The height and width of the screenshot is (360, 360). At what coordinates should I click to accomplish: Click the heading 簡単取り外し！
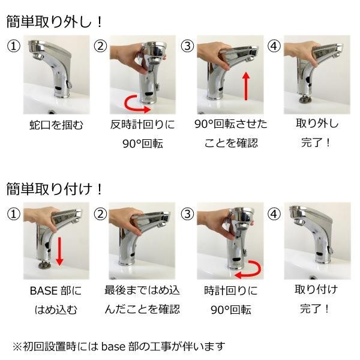pyautogui.click(x=54, y=22)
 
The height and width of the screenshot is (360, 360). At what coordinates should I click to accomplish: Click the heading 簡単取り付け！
pyautogui.click(x=54, y=189)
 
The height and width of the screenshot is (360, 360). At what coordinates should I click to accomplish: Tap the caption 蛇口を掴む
pyautogui.click(x=56, y=125)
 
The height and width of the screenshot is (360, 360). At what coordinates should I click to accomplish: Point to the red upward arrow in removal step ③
pyautogui.click(x=246, y=86)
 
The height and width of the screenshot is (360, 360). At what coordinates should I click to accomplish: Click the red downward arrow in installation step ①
pyautogui.click(x=59, y=251)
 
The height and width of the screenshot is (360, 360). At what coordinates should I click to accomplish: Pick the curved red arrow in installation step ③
pyautogui.click(x=248, y=269)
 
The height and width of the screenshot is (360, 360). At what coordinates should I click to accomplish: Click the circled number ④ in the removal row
pyautogui.click(x=274, y=46)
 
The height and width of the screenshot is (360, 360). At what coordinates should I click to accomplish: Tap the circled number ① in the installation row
pyautogui.click(x=14, y=214)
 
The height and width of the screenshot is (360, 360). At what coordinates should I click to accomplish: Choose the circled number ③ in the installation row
pyautogui.click(x=187, y=214)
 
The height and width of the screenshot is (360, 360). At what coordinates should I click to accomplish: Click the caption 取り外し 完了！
pyautogui.click(x=317, y=133)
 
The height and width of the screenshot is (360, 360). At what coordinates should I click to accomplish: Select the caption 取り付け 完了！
pyautogui.click(x=316, y=299)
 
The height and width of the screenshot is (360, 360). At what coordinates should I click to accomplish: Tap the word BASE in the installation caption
pyautogui.click(x=44, y=290)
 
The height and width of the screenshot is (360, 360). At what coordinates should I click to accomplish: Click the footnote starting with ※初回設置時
pyautogui.click(x=119, y=346)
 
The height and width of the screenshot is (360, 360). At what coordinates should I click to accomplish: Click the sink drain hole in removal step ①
pyautogui.click(x=52, y=112)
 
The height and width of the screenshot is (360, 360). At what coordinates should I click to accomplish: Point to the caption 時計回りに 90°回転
pyautogui.click(x=231, y=300)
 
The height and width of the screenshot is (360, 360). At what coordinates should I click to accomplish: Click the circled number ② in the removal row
pyautogui.click(x=100, y=46)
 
